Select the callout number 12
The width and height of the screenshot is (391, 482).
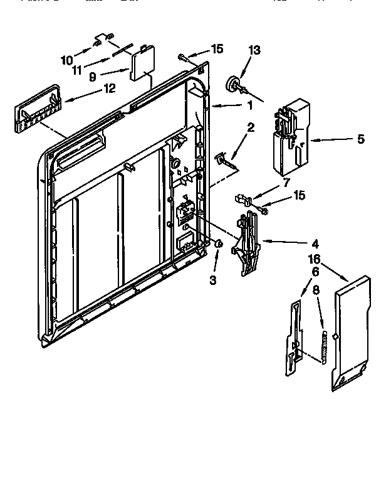[109, 88]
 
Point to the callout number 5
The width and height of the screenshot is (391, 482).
[360, 139]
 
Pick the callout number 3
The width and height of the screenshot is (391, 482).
[213, 280]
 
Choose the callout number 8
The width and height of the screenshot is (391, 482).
[316, 291]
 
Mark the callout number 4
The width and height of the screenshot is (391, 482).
[315, 244]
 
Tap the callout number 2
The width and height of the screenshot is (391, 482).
[251, 127]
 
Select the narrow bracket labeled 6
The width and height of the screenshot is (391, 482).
[293, 339]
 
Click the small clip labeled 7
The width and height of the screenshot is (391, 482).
[244, 200]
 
